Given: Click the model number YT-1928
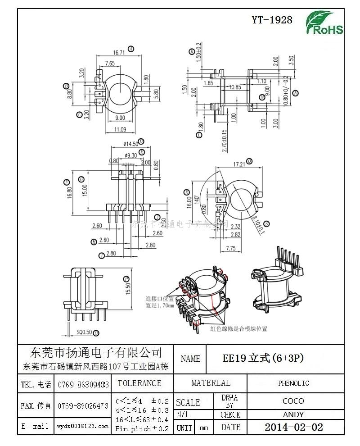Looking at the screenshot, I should pyautogui.click(x=272, y=20).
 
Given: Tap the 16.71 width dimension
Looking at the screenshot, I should pyautogui.click(x=119, y=52).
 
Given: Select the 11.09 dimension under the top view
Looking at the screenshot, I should pyautogui.click(x=119, y=130).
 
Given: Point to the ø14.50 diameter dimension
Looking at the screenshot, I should pyautogui.click(x=130, y=144).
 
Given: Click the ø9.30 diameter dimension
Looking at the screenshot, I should pyautogui.click(x=130, y=155).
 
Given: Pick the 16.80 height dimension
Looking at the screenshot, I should pyautogui.click(x=69, y=192).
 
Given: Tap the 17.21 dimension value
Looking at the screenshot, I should pyautogui.click(x=239, y=164).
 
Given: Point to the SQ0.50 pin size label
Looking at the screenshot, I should pyautogui.click(x=84, y=332).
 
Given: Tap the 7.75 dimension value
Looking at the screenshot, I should pyautogui.click(x=231, y=248).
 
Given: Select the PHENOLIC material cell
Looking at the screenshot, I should pyautogui.click(x=293, y=383).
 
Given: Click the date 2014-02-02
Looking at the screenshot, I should pyautogui.click(x=293, y=427).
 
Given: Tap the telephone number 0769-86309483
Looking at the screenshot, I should pyautogui.click(x=83, y=384).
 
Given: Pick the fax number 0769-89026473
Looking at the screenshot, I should pyautogui.click(x=83, y=405).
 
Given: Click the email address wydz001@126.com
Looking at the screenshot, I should pyautogui.click(x=83, y=426).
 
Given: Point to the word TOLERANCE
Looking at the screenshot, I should pyautogui.click(x=139, y=383).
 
